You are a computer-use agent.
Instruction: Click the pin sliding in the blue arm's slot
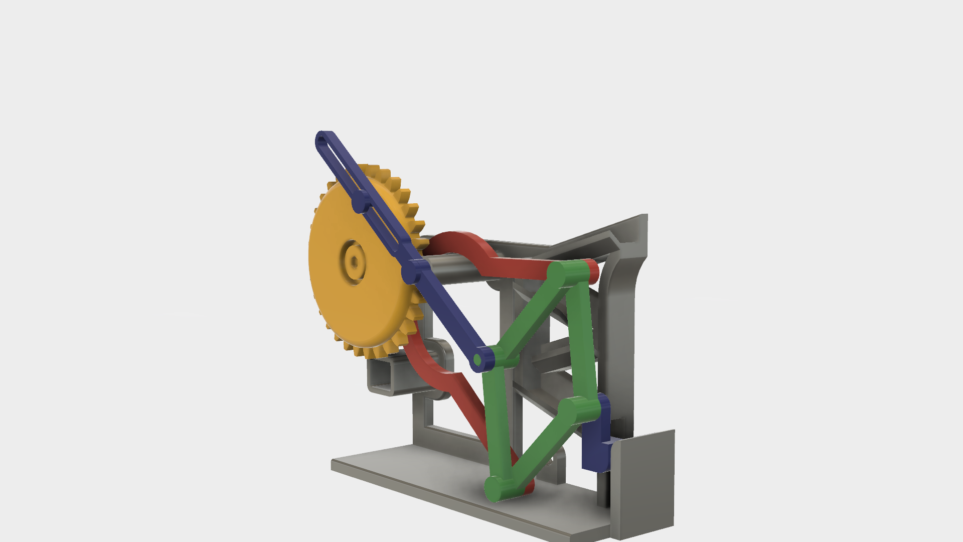click(360, 204)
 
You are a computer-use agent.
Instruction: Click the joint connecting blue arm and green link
click(479, 360)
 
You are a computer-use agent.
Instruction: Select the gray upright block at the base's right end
click(645, 482)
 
